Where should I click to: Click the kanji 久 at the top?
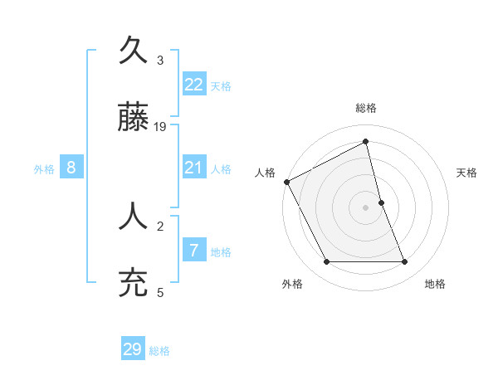[x=134, y=51]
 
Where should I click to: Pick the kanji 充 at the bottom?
[x=134, y=281]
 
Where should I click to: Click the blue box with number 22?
[x=194, y=85]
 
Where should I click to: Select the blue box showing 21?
[x=194, y=168]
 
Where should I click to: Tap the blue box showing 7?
[x=194, y=251]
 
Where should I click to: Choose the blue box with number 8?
[x=71, y=168]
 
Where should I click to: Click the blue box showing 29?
[x=133, y=349]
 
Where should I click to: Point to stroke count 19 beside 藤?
[x=161, y=127]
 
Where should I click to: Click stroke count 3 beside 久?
[x=160, y=60]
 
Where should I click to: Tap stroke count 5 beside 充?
[x=160, y=291]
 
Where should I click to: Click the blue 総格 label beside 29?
[x=159, y=351]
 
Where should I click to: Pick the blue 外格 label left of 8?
[x=44, y=169]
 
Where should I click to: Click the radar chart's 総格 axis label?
[x=366, y=108]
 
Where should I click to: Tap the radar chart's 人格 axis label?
[x=265, y=173]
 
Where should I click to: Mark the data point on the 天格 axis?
[x=381, y=202]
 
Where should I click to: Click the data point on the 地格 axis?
[x=405, y=262]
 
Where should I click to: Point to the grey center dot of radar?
[x=366, y=207]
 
